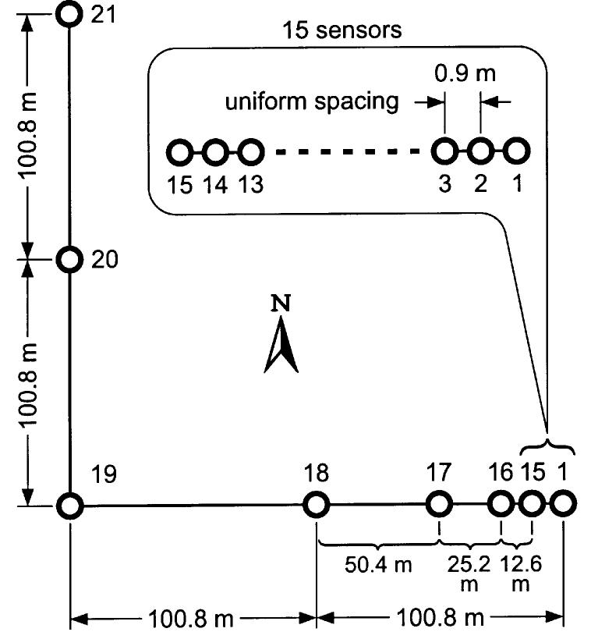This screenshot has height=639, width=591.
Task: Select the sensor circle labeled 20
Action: coord(70,260)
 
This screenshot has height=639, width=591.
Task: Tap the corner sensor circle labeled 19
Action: coord(70,506)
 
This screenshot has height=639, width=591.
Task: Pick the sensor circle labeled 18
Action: coord(316,505)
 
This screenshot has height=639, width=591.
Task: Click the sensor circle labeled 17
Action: coord(440,505)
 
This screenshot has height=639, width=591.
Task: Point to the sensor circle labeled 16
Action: coord(500,505)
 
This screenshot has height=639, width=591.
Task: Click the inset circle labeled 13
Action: coord(249,151)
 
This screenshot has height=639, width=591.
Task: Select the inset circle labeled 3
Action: coord(444,151)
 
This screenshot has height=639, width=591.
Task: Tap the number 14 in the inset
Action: coord(214,187)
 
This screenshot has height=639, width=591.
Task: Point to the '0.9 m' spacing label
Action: coord(465,74)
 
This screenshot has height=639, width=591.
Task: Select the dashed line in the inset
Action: coord(346,151)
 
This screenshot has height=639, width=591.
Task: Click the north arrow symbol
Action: coord(281,347)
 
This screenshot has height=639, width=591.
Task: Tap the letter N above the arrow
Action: coord(281,303)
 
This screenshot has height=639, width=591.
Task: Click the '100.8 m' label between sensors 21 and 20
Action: coord(30,137)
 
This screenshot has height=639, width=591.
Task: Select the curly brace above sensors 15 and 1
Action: coord(547,446)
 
